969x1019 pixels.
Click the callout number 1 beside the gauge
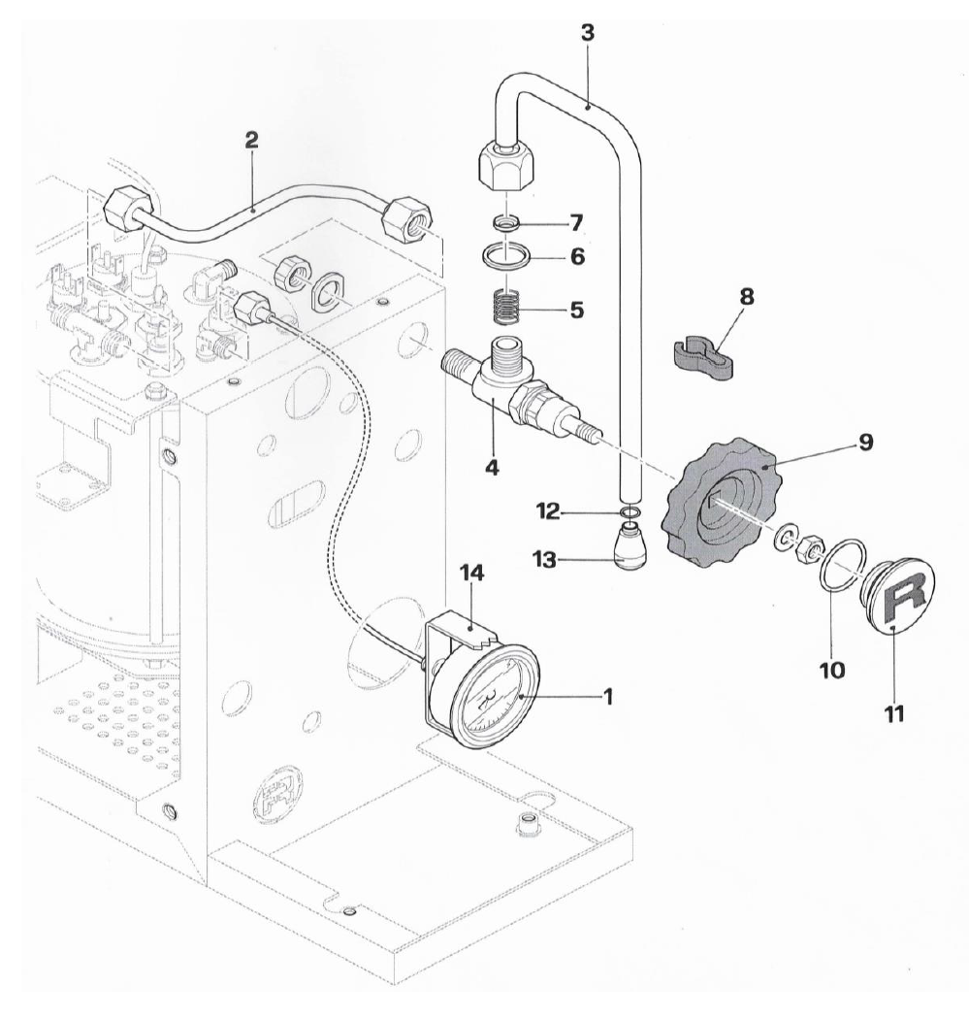pyautogui.click(x=608, y=697)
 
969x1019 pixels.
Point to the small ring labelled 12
pyautogui.click(x=630, y=511)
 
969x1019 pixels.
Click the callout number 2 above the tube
pyautogui.click(x=251, y=140)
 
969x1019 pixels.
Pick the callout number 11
pyautogui.click(x=894, y=714)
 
